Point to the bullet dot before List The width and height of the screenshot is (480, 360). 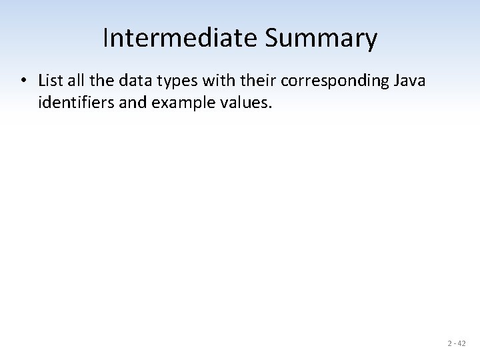(x=23, y=81)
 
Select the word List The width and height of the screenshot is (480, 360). (x=49, y=81)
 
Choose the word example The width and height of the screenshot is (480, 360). (x=170, y=103)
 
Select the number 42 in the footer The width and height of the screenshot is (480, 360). (x=461, y=344)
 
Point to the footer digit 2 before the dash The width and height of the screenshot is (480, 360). (x=450, y=344)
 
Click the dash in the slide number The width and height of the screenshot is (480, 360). (x=455, y=344)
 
